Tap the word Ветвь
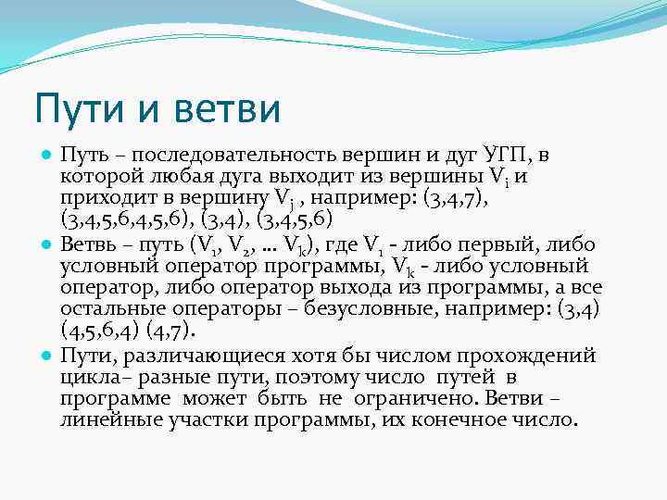[87, 244]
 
